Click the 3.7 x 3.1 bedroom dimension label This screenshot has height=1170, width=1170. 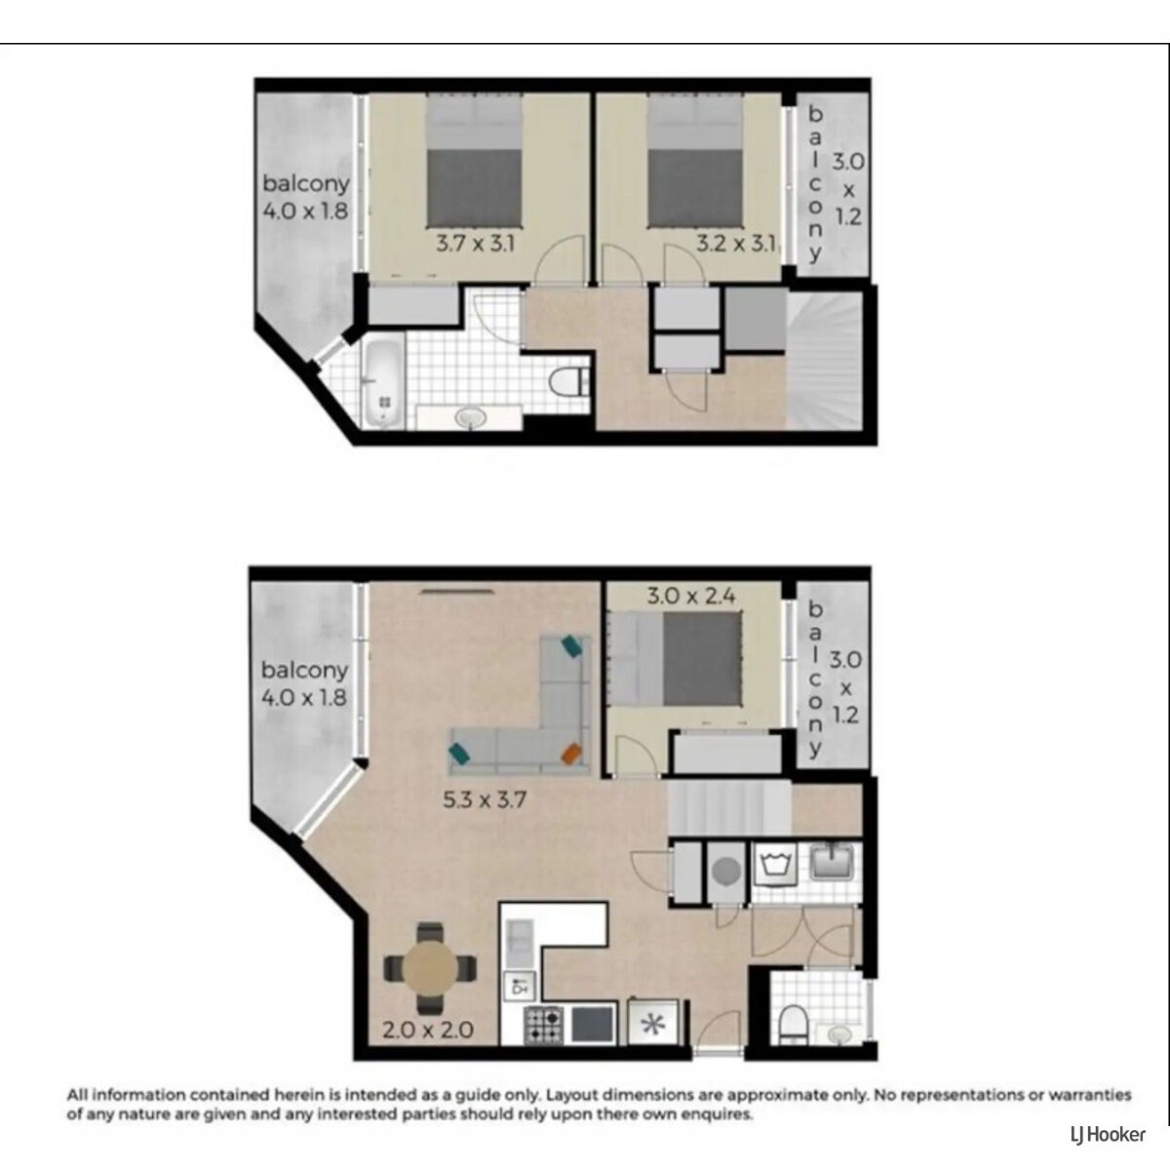tap(475, 244)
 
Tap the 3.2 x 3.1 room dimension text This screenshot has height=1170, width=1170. tap(736, 244)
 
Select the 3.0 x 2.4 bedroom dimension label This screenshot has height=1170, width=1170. tap(691, 596)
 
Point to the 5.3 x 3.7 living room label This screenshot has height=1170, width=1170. tap(484, 799)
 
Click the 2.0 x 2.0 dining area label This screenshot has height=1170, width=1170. tap(428, 1030)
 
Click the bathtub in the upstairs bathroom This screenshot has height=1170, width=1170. tap(383, 384)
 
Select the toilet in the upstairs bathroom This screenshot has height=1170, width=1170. tap(568, 382)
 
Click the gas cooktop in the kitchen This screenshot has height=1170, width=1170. tap(544, 1026)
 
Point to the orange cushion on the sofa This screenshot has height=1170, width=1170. tap(571, 755)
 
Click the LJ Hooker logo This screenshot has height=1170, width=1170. tap(1108, 1134)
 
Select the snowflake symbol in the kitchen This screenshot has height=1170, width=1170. tap(653, 1026)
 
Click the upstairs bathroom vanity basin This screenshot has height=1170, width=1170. tap(470, 417)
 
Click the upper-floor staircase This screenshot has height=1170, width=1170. tap(825, 360)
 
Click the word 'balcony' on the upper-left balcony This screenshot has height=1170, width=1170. tap(306, 183)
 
